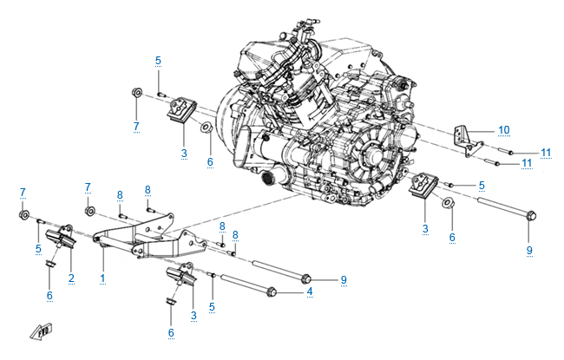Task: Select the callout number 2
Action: point(71,278)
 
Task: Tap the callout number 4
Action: point(310,293)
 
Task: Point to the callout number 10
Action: point(503,130)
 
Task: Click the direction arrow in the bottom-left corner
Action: point(41,331)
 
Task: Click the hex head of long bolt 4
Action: point(273,291)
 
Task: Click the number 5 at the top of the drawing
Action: point(158,60)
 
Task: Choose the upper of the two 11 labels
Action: point(546,153)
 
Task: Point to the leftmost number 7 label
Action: point(23,192)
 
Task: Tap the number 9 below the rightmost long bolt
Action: point(528,252)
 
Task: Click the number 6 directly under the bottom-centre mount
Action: point(171,332)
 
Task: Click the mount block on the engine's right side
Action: point(426,187)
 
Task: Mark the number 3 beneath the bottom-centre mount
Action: point(193,315)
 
